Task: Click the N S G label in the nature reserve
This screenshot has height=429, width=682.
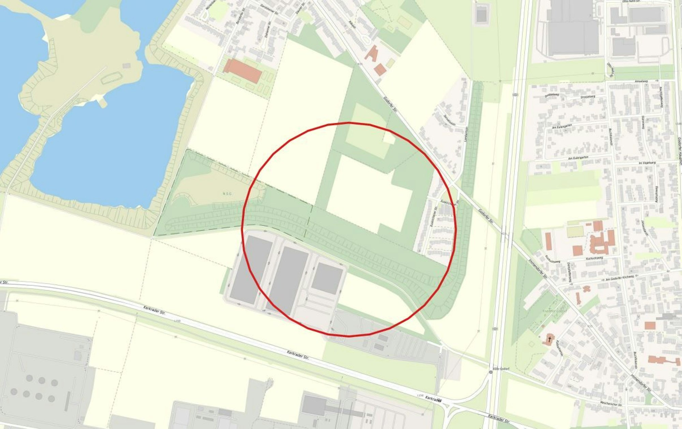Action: (227, 194)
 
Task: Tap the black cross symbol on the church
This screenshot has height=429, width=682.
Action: (550, 339)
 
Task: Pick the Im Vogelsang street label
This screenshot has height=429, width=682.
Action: (647, 163)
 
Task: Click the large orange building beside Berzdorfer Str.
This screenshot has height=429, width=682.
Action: (242, 71)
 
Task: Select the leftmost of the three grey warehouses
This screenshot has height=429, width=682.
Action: (251, 269)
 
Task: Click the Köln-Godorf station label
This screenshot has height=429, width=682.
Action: (501, 369)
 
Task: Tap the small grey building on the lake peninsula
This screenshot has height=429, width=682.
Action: (127, 65)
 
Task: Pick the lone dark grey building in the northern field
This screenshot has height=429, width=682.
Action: (481, 14)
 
